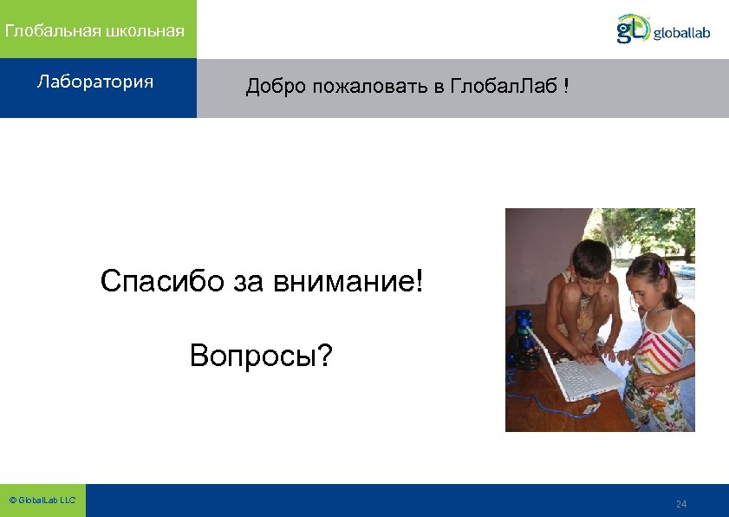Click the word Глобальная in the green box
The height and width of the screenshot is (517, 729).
(x=52, y=31)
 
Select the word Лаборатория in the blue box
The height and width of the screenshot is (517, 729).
(x=95, y=82)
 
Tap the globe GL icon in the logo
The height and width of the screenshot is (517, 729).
(x=632, y=29)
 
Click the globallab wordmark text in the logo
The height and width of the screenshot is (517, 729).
(x=681, y=33)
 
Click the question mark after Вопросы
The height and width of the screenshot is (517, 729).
(x=324, y=355)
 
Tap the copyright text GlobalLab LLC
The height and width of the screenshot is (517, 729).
(x=42, y=501)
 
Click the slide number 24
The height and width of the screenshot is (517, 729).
(x=680, y=504)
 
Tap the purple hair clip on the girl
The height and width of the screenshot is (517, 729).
(x=662, y=269)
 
